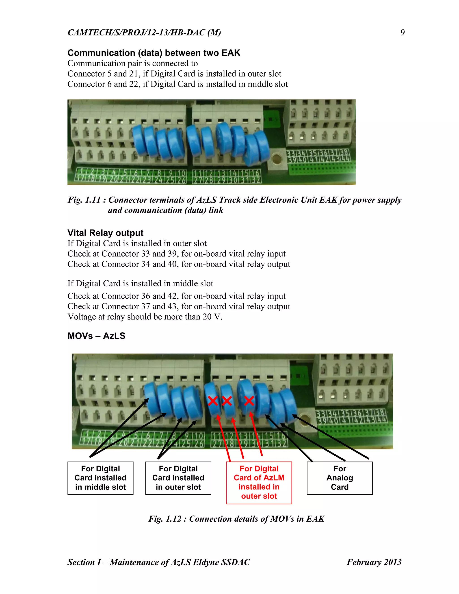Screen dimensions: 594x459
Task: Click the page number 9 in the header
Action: point(403,32)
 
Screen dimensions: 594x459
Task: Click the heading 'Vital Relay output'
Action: point(105,233)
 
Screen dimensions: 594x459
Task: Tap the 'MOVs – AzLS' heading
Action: point(96,336)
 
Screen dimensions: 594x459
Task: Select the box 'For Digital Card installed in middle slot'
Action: point(100,478)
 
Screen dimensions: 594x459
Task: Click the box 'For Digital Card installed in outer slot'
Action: point(178,478)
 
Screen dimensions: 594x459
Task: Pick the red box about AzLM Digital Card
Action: point(259,483)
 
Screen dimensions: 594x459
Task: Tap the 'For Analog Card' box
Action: point(340,478)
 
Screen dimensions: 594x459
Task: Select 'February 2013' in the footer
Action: point(374,562)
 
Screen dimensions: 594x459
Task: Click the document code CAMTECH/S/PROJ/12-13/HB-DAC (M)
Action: point(144,32)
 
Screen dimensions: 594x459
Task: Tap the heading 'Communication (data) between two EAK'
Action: point(154,53)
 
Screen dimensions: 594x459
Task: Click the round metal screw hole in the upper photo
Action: point(277,158)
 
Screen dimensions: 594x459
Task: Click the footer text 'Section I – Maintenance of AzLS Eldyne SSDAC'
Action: point(158,562)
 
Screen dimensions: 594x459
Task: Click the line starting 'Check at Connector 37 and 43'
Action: point(179,306)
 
